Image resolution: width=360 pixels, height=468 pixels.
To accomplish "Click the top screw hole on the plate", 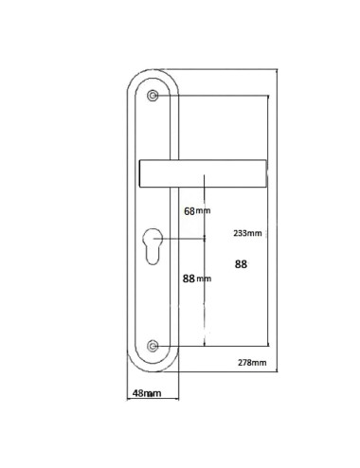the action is click(153, 96).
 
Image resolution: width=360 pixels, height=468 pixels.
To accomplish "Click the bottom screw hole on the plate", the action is click(153, 346).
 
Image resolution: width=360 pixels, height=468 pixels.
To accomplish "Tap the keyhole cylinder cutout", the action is click(153, 246).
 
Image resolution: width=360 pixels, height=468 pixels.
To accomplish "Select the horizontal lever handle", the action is click(203, 173).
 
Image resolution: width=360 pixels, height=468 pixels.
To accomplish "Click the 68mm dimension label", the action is click(197, 211).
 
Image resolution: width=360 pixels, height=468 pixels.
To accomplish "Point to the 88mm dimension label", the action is click(197, 279).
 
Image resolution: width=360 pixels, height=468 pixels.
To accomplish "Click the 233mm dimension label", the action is click(247, 233).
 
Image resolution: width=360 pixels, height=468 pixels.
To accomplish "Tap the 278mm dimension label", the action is click(252, 363).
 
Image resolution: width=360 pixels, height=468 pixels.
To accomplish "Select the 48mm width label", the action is click(147, 393).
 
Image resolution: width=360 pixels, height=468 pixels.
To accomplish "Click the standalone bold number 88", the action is click(241, 264).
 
